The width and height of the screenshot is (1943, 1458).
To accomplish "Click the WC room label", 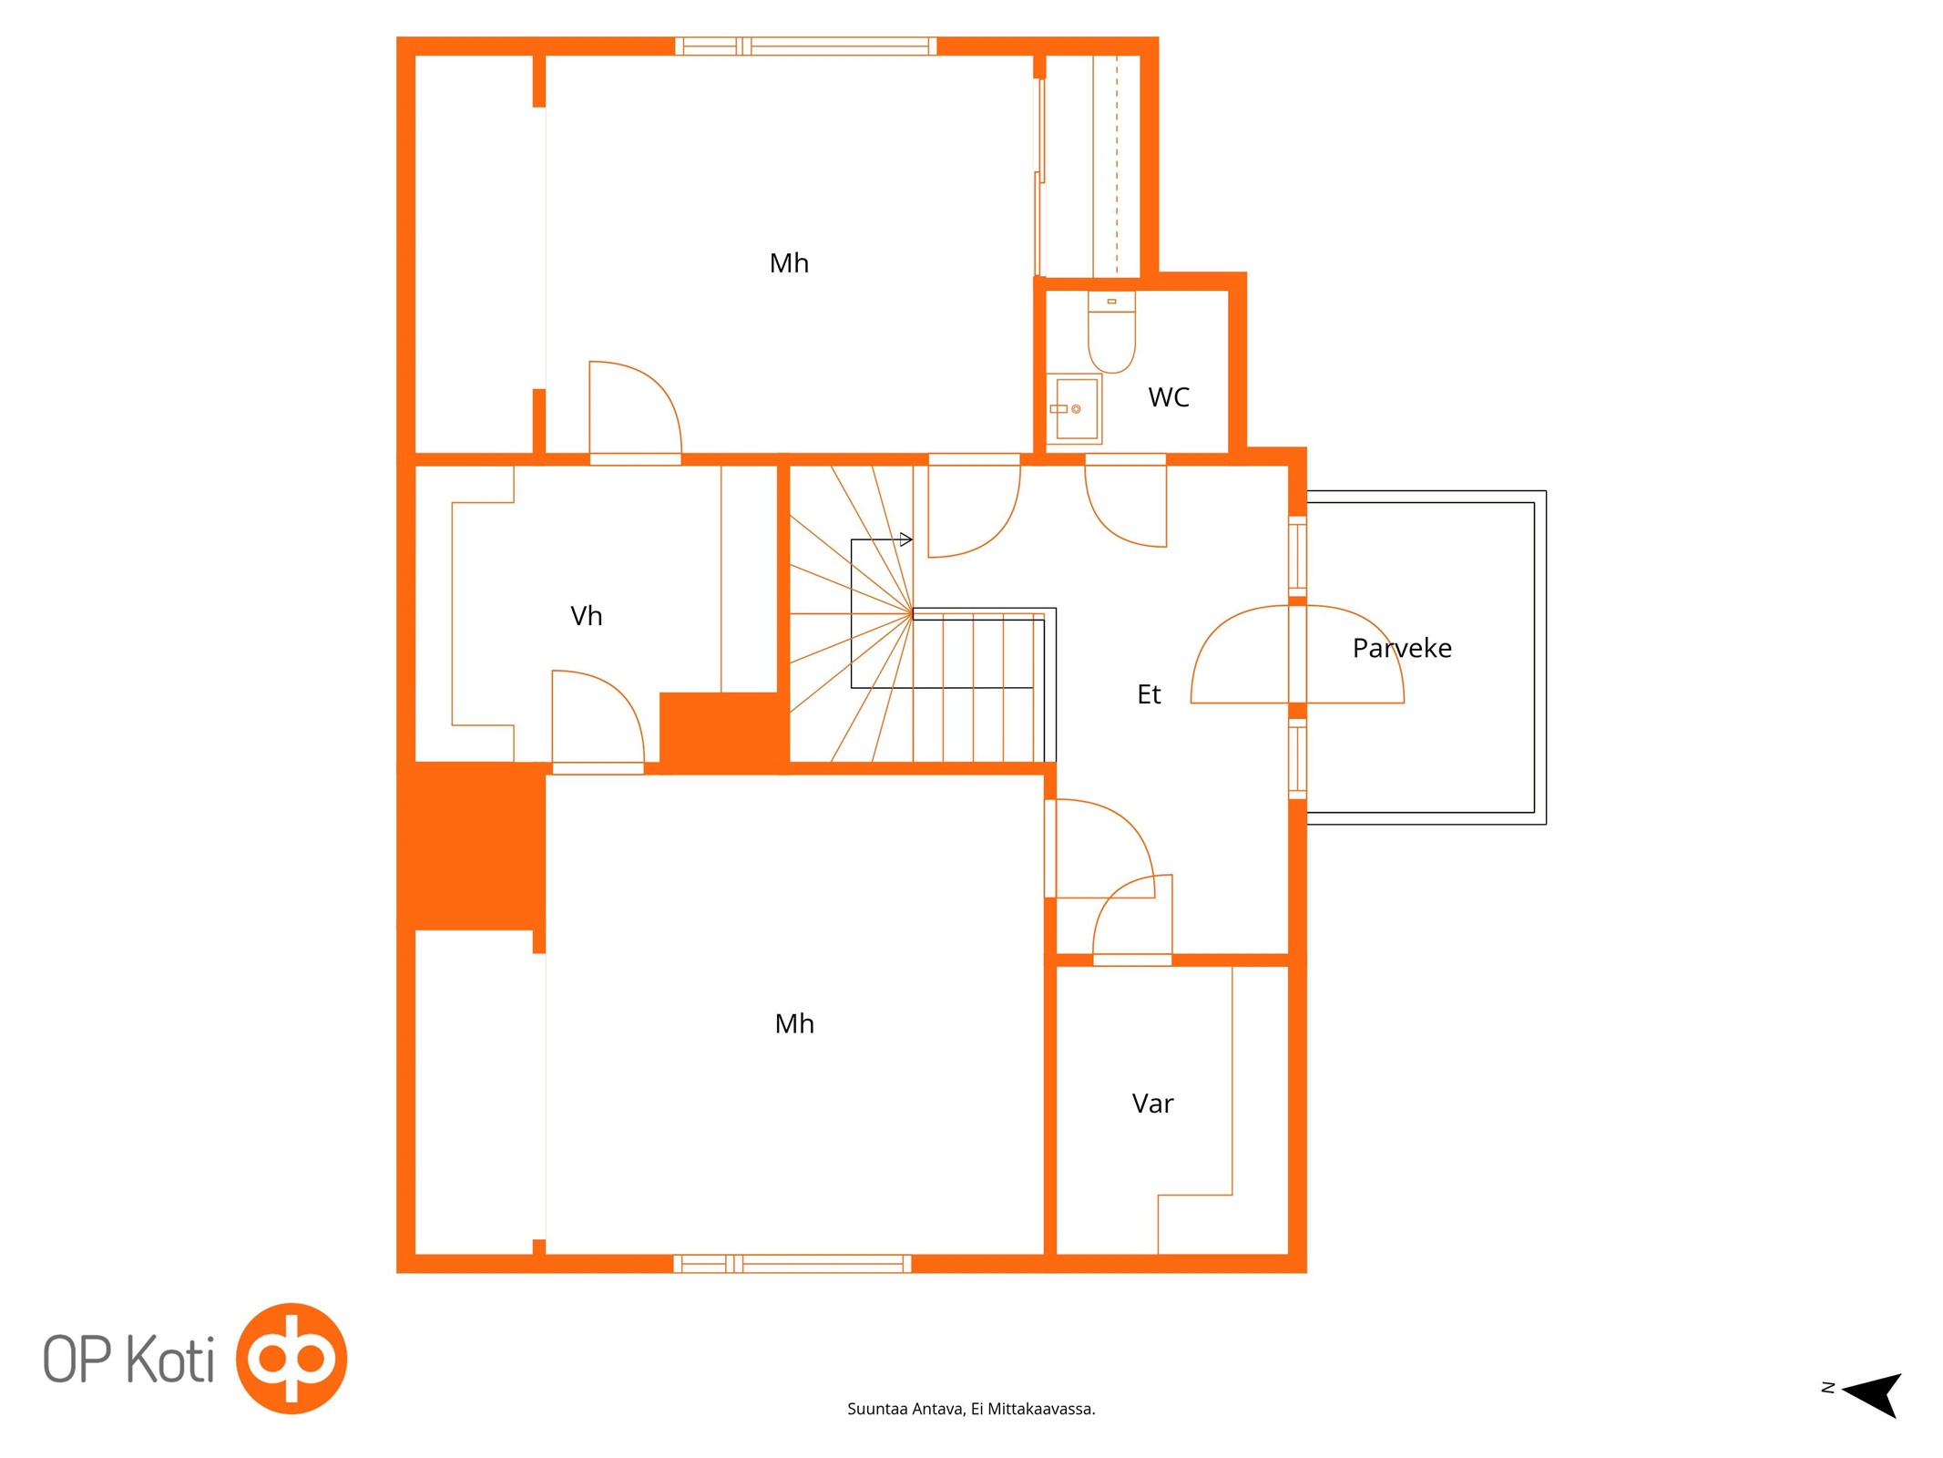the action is pyautogui.click(x=1169, y=397).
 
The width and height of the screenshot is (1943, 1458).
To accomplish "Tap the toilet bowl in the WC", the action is pyautogui.click(x=1111, y=332).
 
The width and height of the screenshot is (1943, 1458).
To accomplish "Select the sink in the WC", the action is pyautogui.click(x=1074, y=409).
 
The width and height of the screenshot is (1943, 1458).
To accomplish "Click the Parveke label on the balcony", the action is pyautogui.click(x=1402, y=648).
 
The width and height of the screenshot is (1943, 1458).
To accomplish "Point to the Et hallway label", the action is pyautogui.click(x=1149, y=694).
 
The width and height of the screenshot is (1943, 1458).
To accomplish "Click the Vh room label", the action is pyautogui.click(x=586, y=616).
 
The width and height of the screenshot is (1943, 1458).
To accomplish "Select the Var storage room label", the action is pyautogui.click(x=1152, y=1104).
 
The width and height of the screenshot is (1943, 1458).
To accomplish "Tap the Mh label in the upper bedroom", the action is pyautogui.click(x=789, y=263).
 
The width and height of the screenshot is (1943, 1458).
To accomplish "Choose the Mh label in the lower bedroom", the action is pyautogui.click(x=794, y=1023).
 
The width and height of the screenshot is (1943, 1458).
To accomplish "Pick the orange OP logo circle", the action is pyautogui.click(x=291, y=1358).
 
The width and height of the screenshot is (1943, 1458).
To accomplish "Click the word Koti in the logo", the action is pyautogui.click(x=170, y=1360).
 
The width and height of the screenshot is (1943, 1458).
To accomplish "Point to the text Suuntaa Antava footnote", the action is pyautogui.click(x=971, y=1409).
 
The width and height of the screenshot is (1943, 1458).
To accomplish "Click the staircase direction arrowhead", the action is pyautogui.click(x=906, y=539).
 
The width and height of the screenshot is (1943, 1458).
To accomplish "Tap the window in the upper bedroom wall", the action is pyautogui.click(x=805, y=46).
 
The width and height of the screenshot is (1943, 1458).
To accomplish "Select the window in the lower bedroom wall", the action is pyautogui.click(x=793, y=1263).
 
